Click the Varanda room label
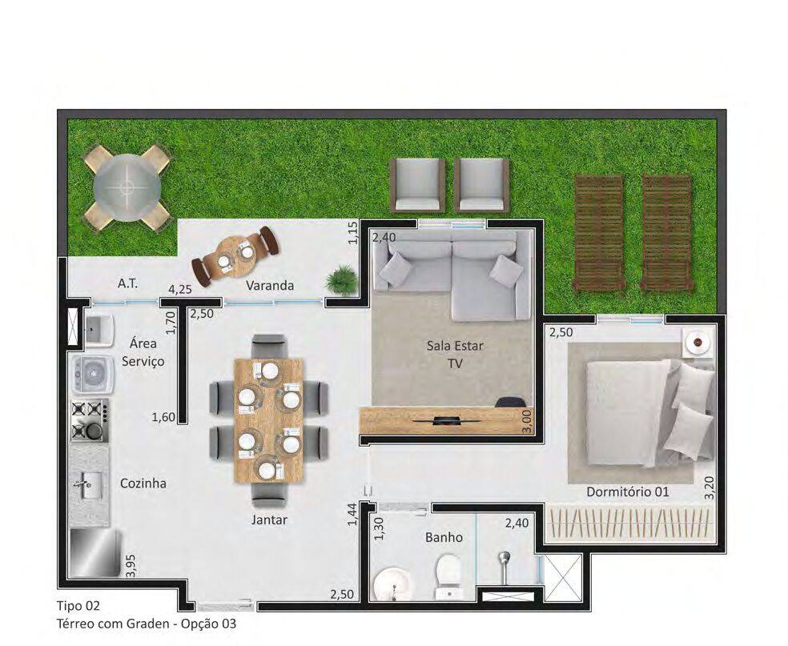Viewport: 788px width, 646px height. (x=269, y=285)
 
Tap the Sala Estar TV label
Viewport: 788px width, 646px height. (x=455, y=354)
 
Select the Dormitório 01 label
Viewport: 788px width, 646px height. (x=628, y=492)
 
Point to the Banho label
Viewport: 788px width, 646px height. (x=444, y=537)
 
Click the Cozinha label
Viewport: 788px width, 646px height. (x=143, y=483)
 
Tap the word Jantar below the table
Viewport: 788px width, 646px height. (x=269, y=520)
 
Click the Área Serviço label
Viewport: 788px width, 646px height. (x=143, y=352)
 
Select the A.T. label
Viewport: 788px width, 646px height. (x=127, y=283)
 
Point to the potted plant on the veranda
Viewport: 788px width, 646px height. (x=340, y=279)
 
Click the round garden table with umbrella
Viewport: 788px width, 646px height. (x=127, y=187)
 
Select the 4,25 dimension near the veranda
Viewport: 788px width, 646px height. (x=179, y=290)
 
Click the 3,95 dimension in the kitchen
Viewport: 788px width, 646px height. (x=131, y=566)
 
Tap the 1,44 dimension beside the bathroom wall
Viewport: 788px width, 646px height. (x=352, y=514)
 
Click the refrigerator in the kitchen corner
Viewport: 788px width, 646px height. (x=95, y=554)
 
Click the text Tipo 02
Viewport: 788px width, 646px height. (x=78, y=606)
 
